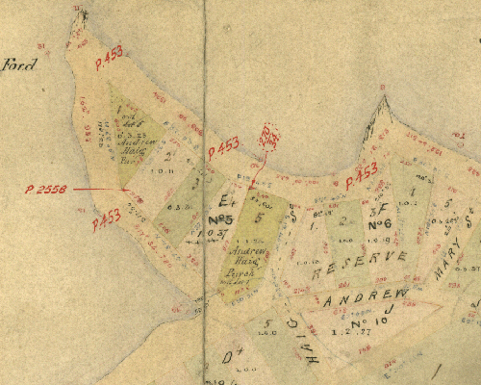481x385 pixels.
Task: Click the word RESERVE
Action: pyautogui.click(x=365, y=261)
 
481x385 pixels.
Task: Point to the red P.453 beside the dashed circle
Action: pyautogui.click(x=223, y=148)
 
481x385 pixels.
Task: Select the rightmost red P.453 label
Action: pyautogui.click(x=361, y=175)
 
